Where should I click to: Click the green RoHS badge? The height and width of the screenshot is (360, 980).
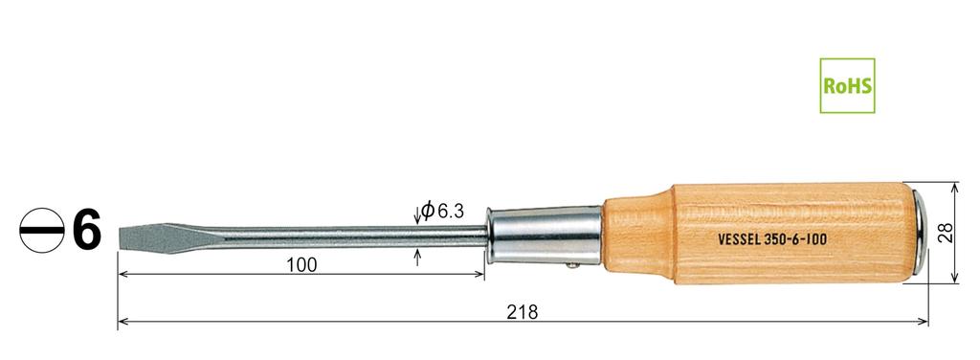[x=847, y=84]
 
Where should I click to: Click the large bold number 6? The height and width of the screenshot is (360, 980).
[x=86, y=231]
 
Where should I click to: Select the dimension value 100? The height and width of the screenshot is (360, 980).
[x=301, y=264]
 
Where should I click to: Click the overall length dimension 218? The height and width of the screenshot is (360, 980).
[x=523, y=312]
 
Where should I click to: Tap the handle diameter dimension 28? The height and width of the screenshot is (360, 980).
[x=945, y=233]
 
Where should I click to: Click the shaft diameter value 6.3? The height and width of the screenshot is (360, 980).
[x=450, y=211]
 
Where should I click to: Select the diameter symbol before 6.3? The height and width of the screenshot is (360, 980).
[x=428, y=210]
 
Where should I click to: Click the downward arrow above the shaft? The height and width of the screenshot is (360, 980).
[x=416, y=217]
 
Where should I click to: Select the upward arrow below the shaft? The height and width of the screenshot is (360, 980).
[x=417, y=257]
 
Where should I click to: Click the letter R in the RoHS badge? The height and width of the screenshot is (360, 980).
[x=831, y=85]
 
